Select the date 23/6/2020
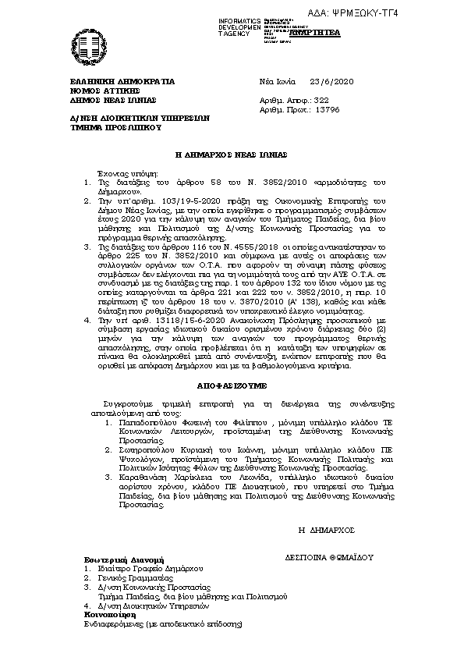[331, 81]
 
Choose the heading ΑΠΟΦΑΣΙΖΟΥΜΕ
[232, 385]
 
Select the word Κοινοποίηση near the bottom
[111, 615]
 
